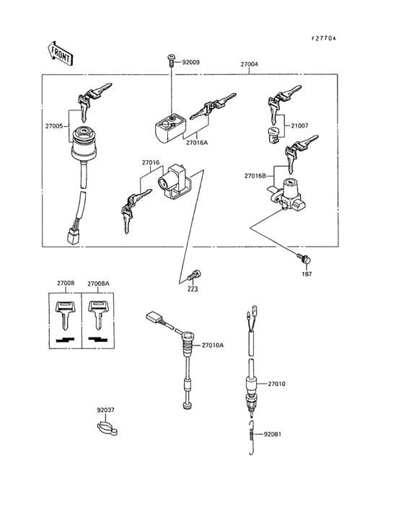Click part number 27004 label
(249, 64)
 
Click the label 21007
(299, 126)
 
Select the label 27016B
(255, 175)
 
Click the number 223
(193, 289)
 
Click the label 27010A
(212, 345)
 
